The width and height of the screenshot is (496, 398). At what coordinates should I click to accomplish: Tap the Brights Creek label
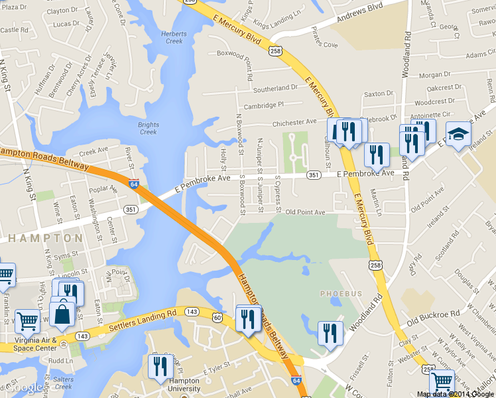pos(149,128)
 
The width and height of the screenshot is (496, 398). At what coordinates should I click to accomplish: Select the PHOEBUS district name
pos(341,293)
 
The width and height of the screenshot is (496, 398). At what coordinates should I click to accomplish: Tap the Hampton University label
pos(184,385)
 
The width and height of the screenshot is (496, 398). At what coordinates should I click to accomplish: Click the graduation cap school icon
pos(458,135)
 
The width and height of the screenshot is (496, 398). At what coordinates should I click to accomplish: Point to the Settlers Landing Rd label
pos(143,319)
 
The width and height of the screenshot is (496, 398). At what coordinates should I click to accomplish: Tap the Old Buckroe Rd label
pos(433,316)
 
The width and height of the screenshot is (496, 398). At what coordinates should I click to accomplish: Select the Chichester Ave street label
pos(294,122)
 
